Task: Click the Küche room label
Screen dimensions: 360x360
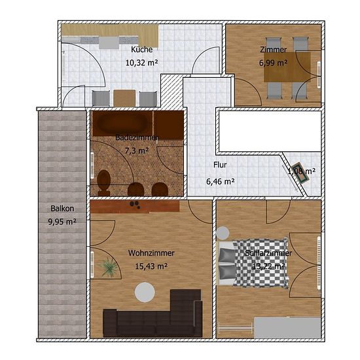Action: (141, 49)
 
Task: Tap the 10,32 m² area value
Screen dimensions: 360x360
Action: (141, 62)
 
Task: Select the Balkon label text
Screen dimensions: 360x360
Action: (62, 208)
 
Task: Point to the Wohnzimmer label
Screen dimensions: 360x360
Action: (151, 253)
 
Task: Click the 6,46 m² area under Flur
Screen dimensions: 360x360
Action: (220, 181)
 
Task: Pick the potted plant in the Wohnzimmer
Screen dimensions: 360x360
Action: (108, 266)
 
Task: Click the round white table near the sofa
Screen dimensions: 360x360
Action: (145, 293)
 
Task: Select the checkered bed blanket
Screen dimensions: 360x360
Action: (261, 262)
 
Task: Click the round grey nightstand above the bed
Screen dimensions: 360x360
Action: (223, 233)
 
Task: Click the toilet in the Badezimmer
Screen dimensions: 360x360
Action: (103, 183)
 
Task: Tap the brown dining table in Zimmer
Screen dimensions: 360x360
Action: (287, 67)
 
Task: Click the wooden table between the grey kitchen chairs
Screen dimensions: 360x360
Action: (124, 98)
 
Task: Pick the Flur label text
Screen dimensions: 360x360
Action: (220, 165)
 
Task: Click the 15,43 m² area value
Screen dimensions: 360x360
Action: (151, 266)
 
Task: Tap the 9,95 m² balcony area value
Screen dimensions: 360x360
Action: (62, 222)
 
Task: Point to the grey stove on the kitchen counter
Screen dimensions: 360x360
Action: (109, 43)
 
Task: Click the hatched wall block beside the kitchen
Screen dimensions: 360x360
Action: (171, 91)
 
